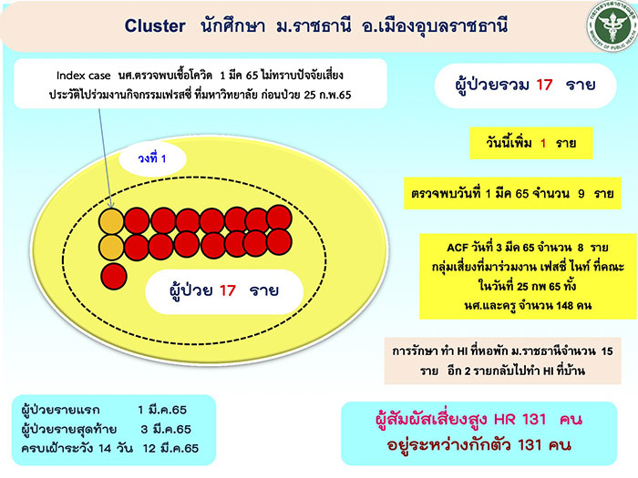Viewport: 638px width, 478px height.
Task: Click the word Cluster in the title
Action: point(155,26)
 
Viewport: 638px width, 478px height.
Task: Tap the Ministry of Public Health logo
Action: point(612,25)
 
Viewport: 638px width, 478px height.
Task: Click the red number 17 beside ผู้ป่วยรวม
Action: point(544,85)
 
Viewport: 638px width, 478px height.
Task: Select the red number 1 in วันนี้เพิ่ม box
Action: point(543,143)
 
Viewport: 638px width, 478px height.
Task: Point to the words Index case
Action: point(84,76)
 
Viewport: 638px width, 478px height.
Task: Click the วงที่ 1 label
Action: point(152,158)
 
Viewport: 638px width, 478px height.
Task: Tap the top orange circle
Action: point(111,221)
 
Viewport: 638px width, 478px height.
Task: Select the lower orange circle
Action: point(111,247)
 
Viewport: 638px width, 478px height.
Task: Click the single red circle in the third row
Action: point(114,277)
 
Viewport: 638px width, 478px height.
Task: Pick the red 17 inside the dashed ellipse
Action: point(228,290)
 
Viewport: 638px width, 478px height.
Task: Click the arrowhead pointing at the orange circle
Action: point(111,205)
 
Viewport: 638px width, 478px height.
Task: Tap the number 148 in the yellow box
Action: point(565,305)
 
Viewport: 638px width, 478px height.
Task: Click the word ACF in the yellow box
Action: point(458,248)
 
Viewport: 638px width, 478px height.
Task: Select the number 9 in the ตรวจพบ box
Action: point(581,194)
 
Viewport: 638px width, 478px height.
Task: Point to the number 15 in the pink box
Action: point(607,351)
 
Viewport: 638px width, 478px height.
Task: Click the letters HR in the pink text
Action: point(505,420)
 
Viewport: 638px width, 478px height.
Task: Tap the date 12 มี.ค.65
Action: point(171,448)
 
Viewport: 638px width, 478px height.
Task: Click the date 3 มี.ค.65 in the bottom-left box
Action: point(166,429)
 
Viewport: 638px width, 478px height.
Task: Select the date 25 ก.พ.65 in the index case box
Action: point(327,95)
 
